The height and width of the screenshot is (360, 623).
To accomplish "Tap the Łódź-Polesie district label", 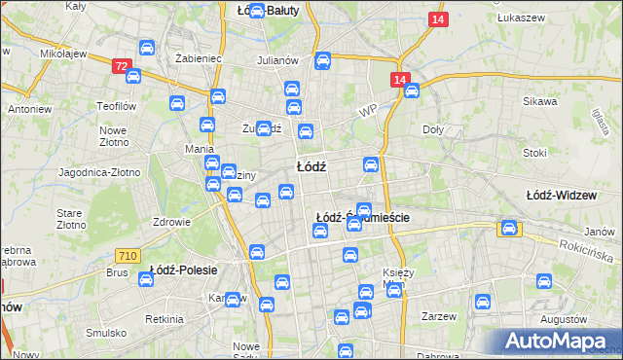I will click(183, 269).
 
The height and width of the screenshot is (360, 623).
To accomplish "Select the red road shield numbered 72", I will click(121, 66).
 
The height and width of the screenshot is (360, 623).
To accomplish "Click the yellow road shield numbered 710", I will click(126, 255).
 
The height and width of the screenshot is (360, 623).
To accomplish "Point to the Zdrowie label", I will click(171, 221).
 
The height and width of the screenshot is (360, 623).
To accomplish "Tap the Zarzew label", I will click(439, 316).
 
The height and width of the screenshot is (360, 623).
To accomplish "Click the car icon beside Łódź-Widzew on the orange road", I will click(508, 229).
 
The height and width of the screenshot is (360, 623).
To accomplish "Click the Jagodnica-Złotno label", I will click(99, 172).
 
